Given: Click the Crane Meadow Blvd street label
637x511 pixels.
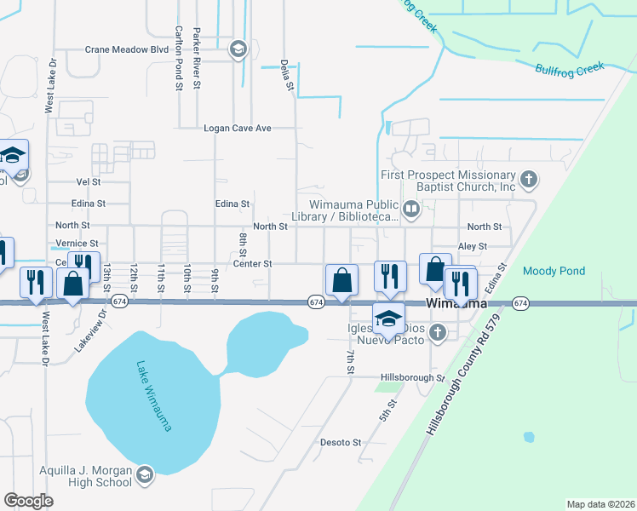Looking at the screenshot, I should point(127,50).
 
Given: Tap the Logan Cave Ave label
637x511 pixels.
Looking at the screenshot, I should point(237,129).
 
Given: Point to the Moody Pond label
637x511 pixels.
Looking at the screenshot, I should point(554,271).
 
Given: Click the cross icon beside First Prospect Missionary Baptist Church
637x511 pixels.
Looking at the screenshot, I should point(529,180).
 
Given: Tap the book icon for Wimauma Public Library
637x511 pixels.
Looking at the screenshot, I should point(411,209).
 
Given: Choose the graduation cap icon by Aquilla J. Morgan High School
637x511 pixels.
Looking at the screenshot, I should point(145,474).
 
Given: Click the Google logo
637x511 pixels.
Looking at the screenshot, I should point(28,501).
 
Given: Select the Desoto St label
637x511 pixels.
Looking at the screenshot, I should point(341,443).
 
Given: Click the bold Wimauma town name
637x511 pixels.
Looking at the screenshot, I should point(456,304).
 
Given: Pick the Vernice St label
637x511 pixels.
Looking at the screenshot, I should point(77,244).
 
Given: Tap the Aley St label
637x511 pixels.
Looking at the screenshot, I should point(472,246).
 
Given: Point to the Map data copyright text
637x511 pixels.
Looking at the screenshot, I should point(600,503).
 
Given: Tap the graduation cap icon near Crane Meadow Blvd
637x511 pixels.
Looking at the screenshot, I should point(238,50).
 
